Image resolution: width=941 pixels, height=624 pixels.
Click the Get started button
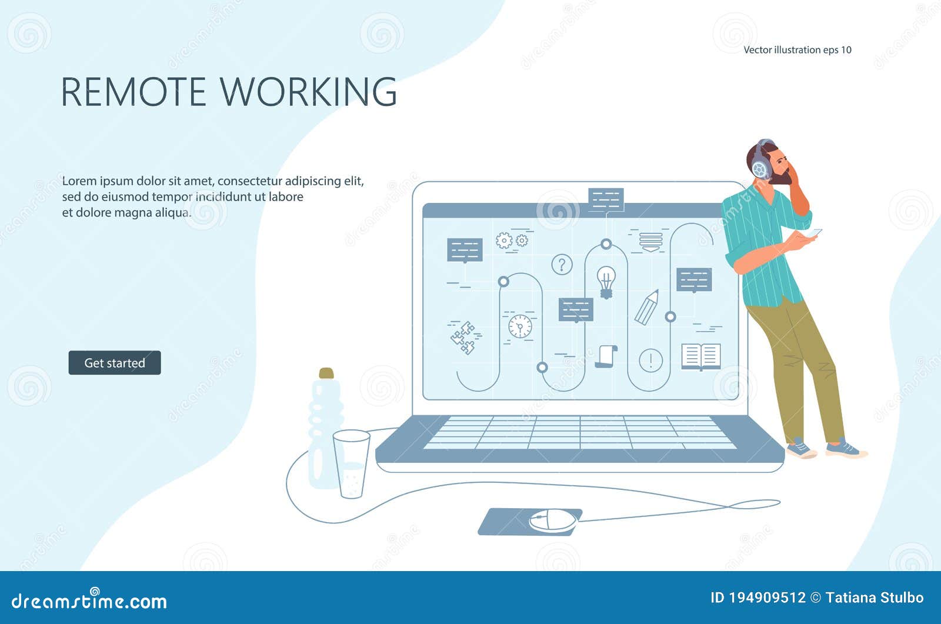[115, 363]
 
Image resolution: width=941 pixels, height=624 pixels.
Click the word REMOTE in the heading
[134, 92]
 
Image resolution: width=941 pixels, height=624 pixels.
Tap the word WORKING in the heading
[308, 92]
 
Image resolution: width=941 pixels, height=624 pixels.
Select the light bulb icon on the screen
[606, 281]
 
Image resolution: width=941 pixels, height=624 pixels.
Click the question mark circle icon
[562, 265]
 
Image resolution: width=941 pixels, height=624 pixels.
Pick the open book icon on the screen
[700, 356]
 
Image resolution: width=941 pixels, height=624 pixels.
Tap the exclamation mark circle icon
[650, 360]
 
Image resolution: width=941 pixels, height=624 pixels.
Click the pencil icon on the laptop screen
[646, 307]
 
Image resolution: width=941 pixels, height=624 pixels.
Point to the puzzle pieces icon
[464, 337]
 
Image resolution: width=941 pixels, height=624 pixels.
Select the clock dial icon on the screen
[520, 326]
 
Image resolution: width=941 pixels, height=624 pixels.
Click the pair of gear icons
[512, 241]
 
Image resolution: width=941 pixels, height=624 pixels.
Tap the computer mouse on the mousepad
[553, 520]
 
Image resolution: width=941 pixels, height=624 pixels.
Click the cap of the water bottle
[326, 373]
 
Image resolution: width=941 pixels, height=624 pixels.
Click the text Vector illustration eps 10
[797, 50]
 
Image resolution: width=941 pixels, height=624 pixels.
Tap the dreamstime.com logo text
[89, 601]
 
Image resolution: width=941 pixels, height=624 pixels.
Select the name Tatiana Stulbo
[875, 598]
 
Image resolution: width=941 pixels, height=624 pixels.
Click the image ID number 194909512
[767, 598]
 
